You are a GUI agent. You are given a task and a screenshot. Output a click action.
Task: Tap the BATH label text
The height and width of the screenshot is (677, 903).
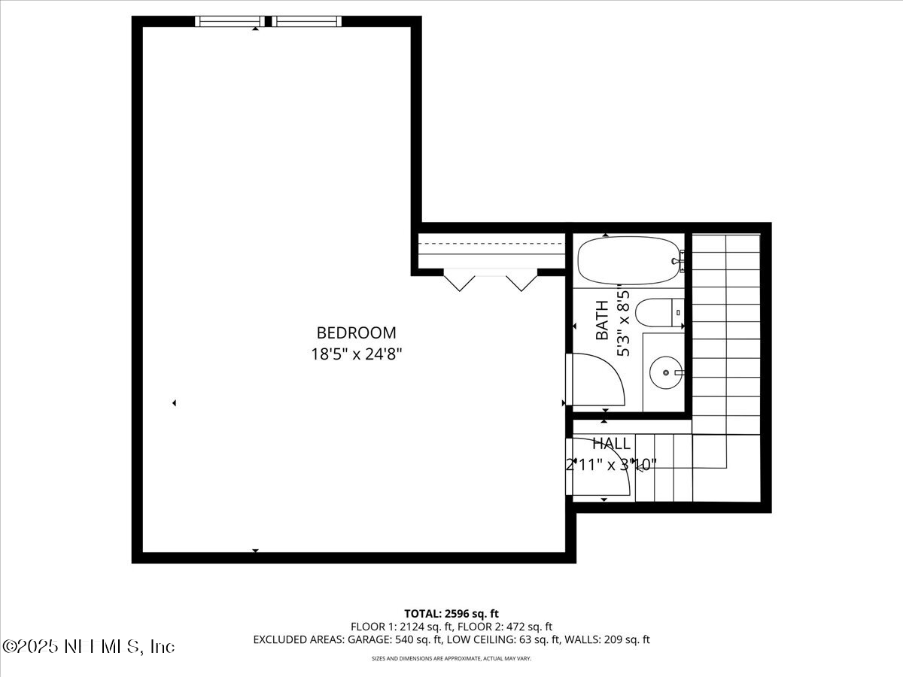click(x=602, y=320)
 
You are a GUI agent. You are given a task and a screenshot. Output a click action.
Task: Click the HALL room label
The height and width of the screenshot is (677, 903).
click(x=611, y=444)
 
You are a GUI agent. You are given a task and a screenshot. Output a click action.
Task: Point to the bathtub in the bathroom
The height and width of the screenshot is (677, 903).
click(x=631, y=260)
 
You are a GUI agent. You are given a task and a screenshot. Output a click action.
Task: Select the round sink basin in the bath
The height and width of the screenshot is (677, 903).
click(x=666, y=372)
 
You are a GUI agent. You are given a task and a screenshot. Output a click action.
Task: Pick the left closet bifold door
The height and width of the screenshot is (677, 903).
click(x=459, y=281)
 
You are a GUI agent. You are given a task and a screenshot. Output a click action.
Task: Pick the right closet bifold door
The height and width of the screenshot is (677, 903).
click(x=521, y=281)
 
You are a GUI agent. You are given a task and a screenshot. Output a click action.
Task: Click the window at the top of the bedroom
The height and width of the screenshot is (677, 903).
click(x=267, y=21)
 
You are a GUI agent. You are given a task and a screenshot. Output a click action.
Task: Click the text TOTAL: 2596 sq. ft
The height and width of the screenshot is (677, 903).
click(x=451, y=614)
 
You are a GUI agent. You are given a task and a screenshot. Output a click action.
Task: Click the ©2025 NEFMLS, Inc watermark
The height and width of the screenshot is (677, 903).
click(x=89, y=646)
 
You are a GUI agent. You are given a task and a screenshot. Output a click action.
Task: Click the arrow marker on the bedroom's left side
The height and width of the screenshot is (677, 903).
click(x=175, y=403)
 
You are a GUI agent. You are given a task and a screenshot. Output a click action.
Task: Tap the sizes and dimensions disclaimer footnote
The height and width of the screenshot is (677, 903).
click(x=451, y=658)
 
